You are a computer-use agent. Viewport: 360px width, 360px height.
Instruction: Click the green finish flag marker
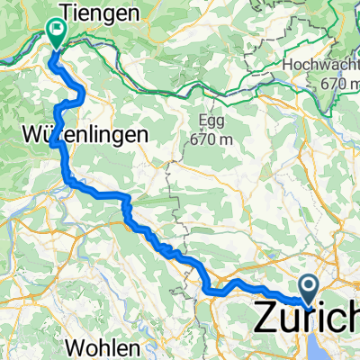(57, 31)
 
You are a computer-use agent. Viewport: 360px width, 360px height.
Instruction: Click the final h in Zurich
(354, 318)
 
